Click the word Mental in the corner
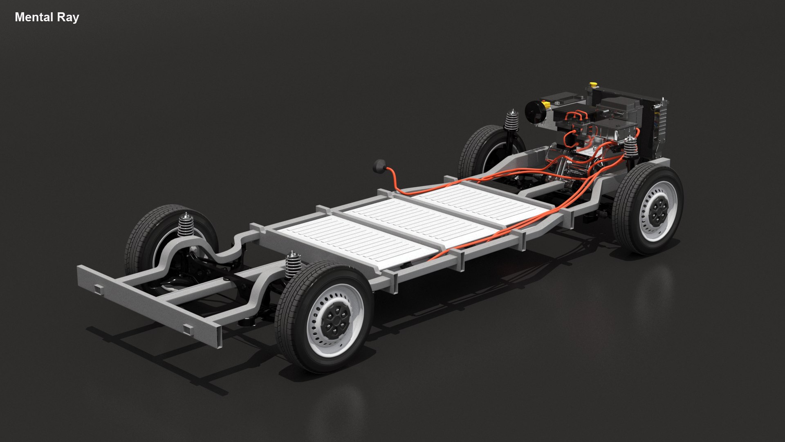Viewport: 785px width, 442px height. point(34,17)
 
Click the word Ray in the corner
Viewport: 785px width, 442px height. point(69,18)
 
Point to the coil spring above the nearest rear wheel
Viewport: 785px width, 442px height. point(293,265)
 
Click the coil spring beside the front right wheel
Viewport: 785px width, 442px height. point(630,148)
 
